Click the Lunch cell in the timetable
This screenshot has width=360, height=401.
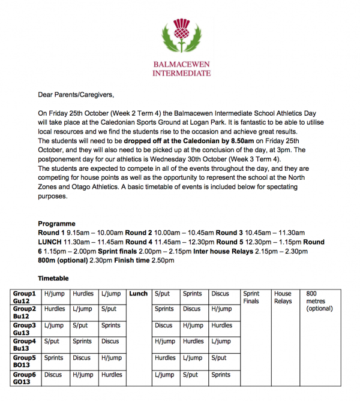point(139,294)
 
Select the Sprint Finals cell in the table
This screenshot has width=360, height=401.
point(251,297)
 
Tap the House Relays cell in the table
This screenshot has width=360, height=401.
point(283,297)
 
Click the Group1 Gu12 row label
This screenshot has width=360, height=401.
point(25,297)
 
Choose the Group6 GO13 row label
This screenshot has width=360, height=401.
point(25,378)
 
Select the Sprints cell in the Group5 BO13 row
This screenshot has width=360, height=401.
point(53,358)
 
